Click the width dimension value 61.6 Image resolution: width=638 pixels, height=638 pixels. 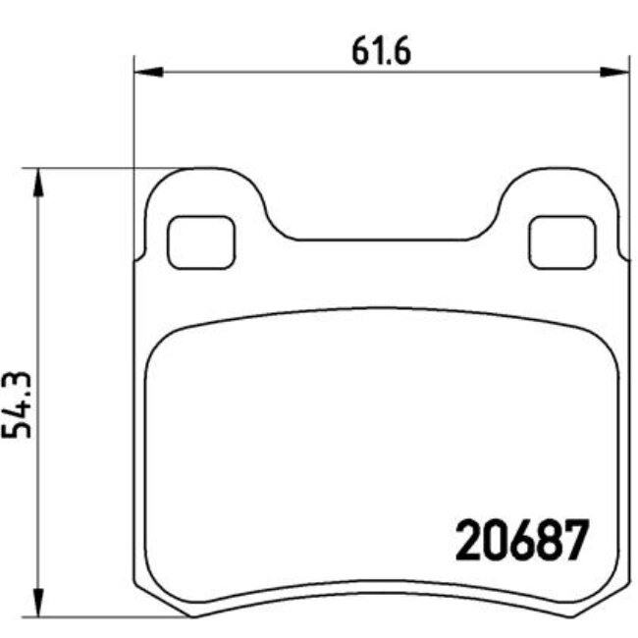pos(380,48)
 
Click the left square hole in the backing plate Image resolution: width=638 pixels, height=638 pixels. pos(201,241)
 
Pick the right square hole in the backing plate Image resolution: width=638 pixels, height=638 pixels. pos(562,241)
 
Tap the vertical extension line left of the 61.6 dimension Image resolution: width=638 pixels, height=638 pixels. pos(133,118)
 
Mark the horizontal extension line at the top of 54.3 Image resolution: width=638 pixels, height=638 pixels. pos(98,168)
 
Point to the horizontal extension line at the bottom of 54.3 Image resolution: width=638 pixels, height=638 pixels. pos(98,616)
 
